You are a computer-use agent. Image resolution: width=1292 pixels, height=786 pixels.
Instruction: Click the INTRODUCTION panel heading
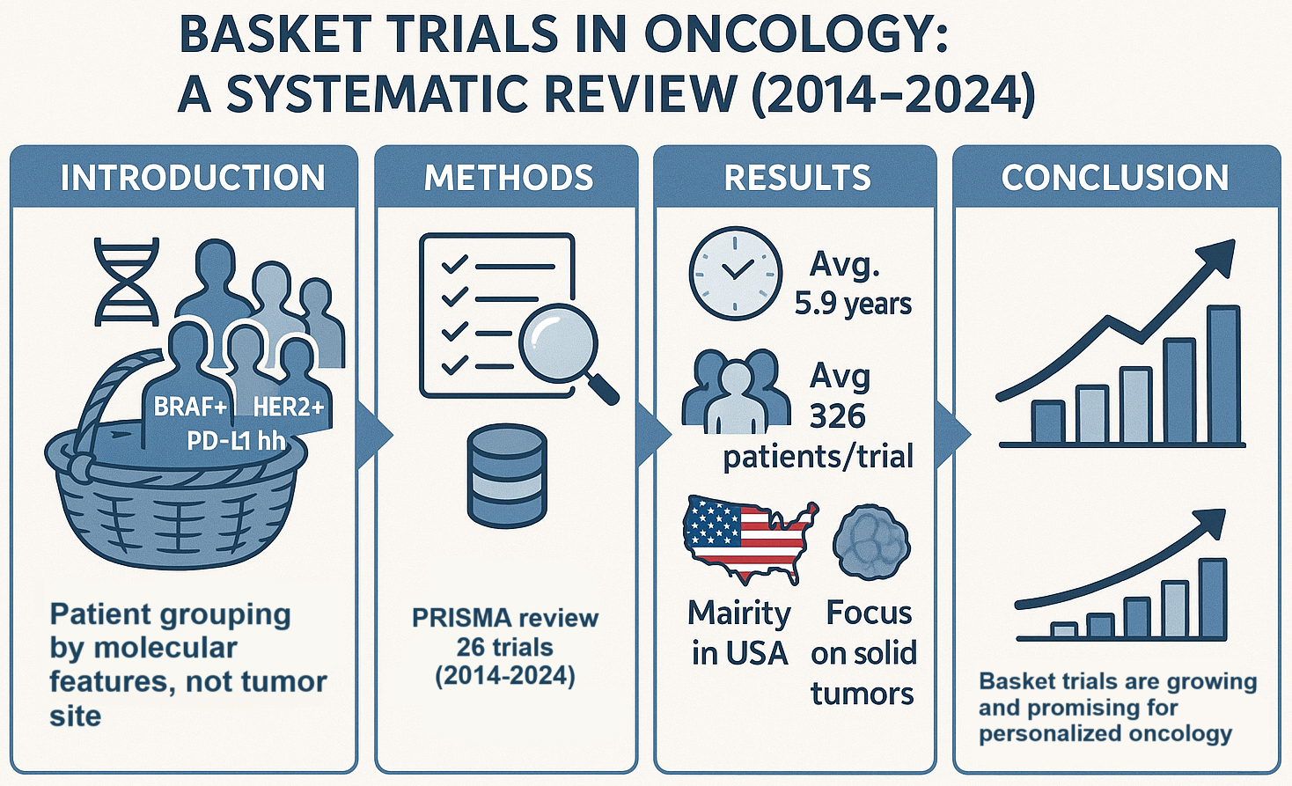tap(192, 178)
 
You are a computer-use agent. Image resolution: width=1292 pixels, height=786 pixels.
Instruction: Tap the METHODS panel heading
tap(508, 178)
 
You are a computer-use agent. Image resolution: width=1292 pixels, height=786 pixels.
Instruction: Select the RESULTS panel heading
tap(796, 178)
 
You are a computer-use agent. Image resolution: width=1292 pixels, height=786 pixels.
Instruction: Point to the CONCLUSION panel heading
tap(1114, 178)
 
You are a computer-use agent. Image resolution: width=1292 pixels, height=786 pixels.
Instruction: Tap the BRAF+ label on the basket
tap(190, 408)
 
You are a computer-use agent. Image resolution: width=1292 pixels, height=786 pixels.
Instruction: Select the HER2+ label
tap(289, 408)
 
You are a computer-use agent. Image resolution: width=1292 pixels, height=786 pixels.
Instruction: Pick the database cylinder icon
tap(506, 476)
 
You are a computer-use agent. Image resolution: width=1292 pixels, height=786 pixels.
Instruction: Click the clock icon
tap(735, 273)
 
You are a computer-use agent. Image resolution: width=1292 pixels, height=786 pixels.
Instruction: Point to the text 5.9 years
tap(852, 304)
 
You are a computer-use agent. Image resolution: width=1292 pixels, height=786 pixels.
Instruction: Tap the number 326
tap(837, 415)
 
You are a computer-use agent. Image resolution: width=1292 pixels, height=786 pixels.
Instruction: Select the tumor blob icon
tap(870, 542)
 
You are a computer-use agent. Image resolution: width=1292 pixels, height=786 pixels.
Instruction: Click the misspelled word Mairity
tap(738, 613)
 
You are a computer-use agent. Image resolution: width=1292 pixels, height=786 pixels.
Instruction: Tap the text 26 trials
tap(504, 647)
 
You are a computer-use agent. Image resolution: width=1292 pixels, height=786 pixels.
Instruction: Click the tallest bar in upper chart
tap(1222, 374)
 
